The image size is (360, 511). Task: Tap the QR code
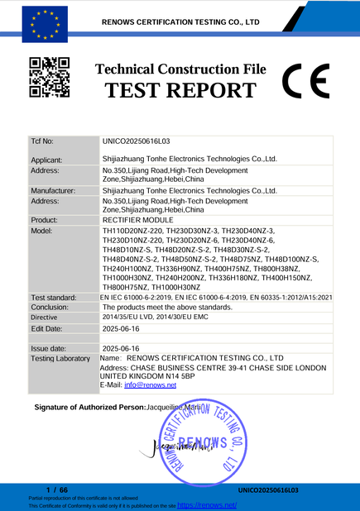pyautogui.click(x=49, y=77)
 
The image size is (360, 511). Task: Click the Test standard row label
pyautogui.click(x=55, y=297)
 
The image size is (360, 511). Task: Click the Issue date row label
pyautogui.click(x=49, y=349)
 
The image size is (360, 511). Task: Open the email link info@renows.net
pyautogui.click(x=146, y=385)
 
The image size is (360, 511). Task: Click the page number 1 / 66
pyautogui.click(x=57, y=490)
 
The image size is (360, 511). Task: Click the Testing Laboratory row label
pyautogui.click(x=60, y=359)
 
